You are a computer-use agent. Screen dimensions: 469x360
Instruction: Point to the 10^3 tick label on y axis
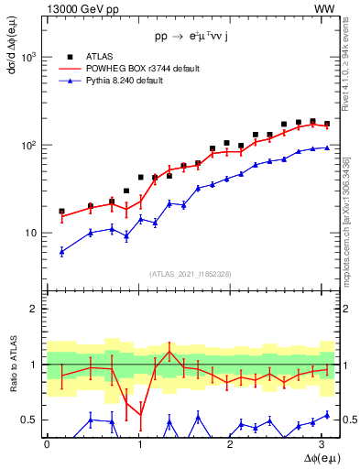pos(28,57)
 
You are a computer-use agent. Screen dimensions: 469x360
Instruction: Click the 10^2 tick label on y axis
pos(28,145)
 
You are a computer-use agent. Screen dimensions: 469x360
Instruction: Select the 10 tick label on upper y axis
pos(30,233)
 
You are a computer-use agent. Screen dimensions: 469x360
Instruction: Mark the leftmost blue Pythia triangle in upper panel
pos(61,251)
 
